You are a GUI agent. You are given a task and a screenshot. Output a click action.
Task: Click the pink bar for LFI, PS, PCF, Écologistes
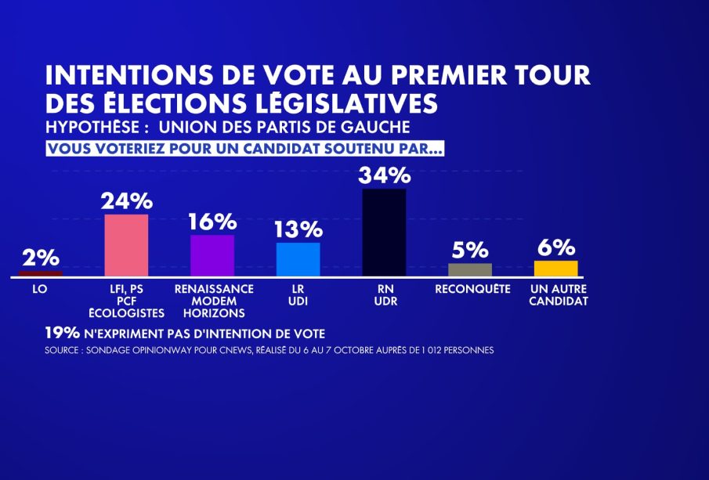point(126,245)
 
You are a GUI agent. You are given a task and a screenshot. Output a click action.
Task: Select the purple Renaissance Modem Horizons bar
point(212,255)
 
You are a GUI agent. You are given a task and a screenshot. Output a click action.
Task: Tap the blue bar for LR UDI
point(298,259)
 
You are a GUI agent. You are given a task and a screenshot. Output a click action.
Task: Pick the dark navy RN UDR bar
point(384,233)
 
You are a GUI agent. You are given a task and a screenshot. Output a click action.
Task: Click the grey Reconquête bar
point(470,269)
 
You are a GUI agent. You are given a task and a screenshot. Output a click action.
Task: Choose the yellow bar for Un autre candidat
point(555,269)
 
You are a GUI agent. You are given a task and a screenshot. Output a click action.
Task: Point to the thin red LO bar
point(40,274)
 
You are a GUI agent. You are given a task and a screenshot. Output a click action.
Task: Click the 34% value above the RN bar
point(384,175)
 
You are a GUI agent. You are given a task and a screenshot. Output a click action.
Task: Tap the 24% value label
point(126,201)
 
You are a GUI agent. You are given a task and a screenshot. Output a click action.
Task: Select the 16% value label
point(212,222)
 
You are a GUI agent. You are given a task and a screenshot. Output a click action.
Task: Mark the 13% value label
point(298,229)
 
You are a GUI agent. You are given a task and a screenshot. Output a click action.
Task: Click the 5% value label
point(470,250)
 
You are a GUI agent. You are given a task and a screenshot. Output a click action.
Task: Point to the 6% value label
point(555,247)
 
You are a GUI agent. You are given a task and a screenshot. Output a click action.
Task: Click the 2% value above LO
point(40,258)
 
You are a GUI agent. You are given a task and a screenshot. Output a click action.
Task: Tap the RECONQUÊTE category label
point(470,289)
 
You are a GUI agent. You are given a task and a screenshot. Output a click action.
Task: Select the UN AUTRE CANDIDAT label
point(558,295)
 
